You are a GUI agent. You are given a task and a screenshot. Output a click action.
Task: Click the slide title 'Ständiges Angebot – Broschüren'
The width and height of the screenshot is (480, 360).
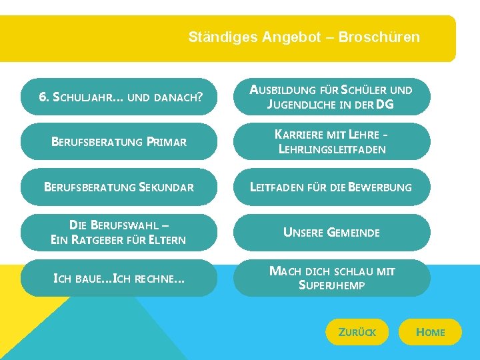(x=304, y=37)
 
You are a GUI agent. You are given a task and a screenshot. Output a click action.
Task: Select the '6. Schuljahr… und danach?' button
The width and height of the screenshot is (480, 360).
(x=119, y=97)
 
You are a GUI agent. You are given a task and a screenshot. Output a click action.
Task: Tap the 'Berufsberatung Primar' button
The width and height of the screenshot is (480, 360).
(x=119, y=141)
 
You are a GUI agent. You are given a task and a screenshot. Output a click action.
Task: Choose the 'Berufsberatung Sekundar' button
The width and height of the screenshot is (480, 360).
(x=119, y=187)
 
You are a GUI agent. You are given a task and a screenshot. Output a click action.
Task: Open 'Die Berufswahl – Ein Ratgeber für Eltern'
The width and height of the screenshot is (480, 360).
(x=119, y=232)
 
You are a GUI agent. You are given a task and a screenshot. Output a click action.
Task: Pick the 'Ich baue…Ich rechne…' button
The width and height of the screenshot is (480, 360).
(x=119, y=277)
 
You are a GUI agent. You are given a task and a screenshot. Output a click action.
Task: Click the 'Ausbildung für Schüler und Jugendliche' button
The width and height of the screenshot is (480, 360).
(x=331, y=97)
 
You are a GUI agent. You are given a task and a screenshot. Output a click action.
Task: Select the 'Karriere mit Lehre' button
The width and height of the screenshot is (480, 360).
(x=331, y=141)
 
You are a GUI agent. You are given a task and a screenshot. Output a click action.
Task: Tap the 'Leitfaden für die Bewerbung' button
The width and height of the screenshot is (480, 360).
(x=331, y=187)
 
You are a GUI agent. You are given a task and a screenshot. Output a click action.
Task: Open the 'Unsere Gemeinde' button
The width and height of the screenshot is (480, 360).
(x=331, y=232)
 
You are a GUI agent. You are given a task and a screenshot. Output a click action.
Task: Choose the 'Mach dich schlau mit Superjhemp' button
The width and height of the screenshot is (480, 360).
(x=331, y=277)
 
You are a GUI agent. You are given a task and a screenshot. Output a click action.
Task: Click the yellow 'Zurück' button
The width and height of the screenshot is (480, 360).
(x=357, y=332)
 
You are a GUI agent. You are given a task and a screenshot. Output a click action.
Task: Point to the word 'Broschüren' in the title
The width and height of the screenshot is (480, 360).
(x=379, y=37)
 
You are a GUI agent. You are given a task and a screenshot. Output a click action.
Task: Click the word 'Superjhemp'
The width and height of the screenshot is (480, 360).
(x=332, y=285)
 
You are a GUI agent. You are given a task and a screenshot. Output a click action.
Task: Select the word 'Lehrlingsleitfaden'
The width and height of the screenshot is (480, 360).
(x=332, y=149)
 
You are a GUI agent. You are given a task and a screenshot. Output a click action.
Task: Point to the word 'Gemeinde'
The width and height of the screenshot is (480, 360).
(x=353, y=233)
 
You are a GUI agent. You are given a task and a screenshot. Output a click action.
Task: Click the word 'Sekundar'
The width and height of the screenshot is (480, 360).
(x=166, y=187)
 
